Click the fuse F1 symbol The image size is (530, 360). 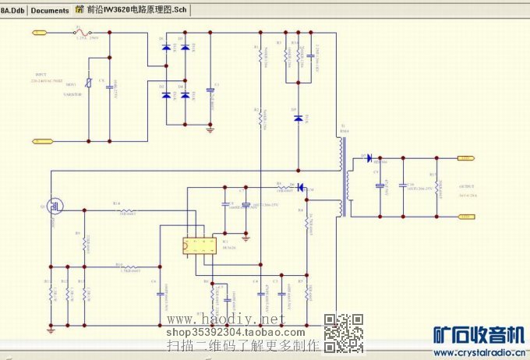pyautogui.click(x=79, y=32)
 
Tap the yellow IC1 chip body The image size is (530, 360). pyautogui.click(x=200, y=245)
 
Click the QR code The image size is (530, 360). pyautogui.click(x=343, y=332)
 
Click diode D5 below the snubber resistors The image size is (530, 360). pyautogui.click(x=298, y=118)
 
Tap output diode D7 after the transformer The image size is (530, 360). pyautogui.click(x=368, y=158)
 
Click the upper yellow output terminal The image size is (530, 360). pyautogui.click(x=465, y=158)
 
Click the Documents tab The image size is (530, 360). pyautogui.click(x=50, y=11)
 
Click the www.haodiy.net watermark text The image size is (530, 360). pyautogui.click(x=232, y=320)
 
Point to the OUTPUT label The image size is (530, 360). pyautogui.click(x=468, y=187)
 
